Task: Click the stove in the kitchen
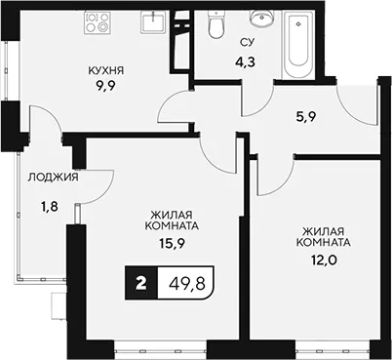pos(98,22)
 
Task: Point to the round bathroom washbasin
pos(262,18)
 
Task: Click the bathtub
pos(298,44)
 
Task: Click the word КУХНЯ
pos(106,70)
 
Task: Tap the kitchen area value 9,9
pos(106,87)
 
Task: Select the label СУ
pos(247,42)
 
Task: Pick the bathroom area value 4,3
pos(246,61)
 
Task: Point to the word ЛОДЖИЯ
pos(53,178)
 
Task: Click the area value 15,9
pos(172,243)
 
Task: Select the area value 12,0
pos(323,260)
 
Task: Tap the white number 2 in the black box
pos(141,283)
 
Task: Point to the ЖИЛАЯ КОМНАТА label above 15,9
pos(172,220)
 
